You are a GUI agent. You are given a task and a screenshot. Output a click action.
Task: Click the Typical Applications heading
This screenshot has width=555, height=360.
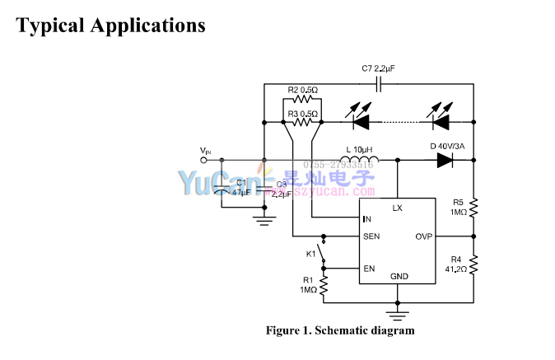coord(110,26)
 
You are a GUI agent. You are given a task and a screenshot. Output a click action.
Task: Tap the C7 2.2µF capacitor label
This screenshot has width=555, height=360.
coord(379,68)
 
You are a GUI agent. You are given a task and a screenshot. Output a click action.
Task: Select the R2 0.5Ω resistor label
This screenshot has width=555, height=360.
coord(303,90)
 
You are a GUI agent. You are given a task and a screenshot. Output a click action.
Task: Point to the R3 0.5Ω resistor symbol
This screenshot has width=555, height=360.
coord(304,122)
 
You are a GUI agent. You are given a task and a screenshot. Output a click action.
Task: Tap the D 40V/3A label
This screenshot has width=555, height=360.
coord(447,147)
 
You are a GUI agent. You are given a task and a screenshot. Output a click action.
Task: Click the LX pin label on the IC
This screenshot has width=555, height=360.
coord(397,208)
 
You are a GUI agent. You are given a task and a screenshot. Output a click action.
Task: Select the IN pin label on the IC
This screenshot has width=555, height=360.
coord(367,219)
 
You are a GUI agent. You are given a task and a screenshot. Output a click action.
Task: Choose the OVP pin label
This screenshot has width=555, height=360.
coord(423,236)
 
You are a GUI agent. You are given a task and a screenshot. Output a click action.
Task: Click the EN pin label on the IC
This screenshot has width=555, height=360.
coord(369,269)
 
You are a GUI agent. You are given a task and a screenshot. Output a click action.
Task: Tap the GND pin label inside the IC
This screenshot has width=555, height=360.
coord(399,276)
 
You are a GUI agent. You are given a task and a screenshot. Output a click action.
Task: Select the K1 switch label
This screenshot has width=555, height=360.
coord(310,254)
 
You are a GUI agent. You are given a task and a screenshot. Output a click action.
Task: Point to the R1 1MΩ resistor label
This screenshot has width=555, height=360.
coord(308,284)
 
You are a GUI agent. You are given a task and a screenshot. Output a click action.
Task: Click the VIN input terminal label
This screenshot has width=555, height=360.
coord(205,150)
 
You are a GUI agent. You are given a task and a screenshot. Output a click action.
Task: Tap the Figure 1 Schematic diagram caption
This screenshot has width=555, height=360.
coord(339,330)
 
